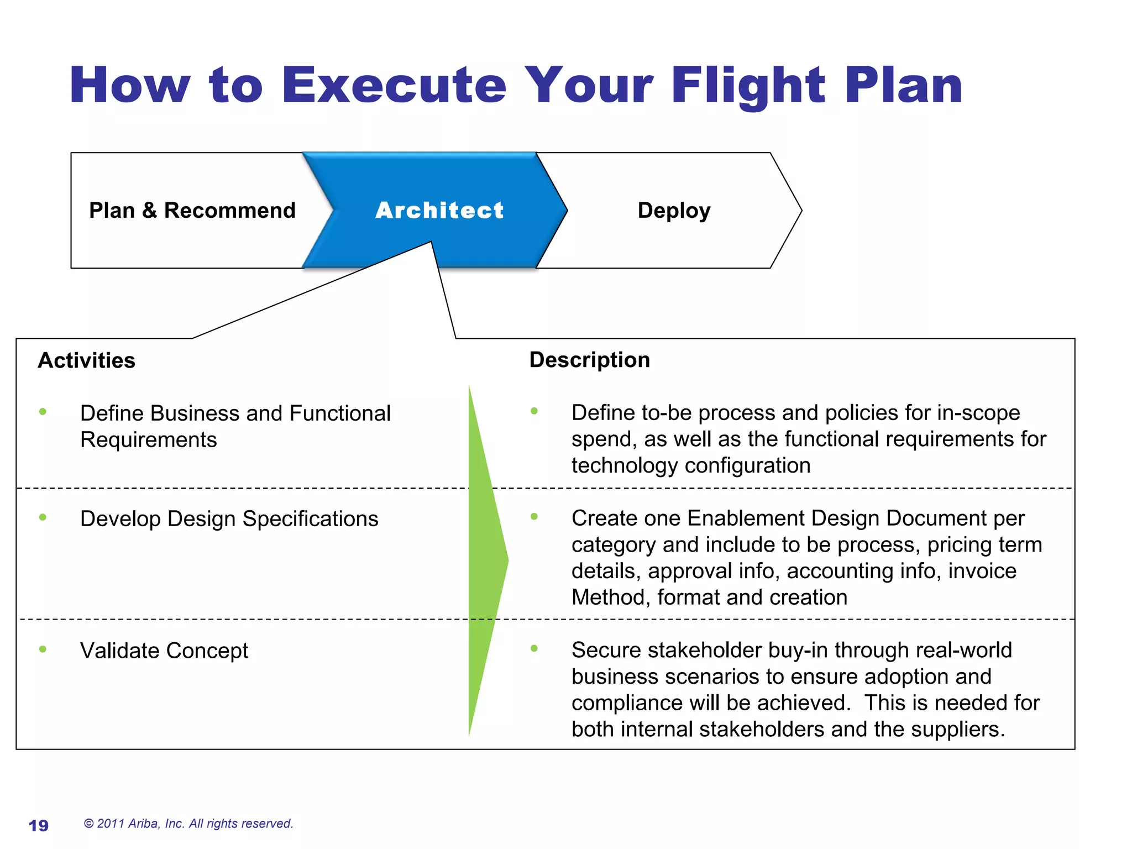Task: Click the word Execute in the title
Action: [x=394, y=86]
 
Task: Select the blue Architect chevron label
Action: [x=439, y=211]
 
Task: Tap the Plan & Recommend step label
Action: [x=192, y=211]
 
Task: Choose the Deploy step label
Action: [x=674, y=211]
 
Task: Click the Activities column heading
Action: [x=87, y=360]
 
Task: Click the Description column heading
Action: [x=589, y=360]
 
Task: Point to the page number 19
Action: [x=39, y=825]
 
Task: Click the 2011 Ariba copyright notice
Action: [x=188, y=824]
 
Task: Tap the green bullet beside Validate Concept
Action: [x=43, y=649]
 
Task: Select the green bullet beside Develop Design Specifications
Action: [x=43, y=517]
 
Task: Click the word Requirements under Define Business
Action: [x=148, y=440]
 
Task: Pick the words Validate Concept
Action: [x=164, y=651]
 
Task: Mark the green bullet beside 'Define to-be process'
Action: [x=534, y=411]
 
